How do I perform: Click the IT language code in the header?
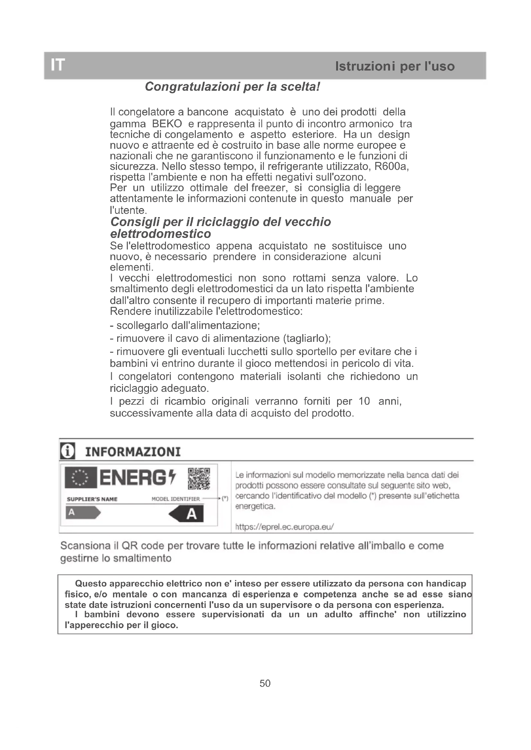tap(58, 65)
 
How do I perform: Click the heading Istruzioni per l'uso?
tap(395, 66)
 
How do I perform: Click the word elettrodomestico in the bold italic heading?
tap(161, 234)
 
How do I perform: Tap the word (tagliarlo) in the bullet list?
tap(307, 338)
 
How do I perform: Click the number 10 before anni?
tap(364, 401)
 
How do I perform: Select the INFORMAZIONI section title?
tap(133, 452)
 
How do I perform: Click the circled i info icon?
tap(68, 451)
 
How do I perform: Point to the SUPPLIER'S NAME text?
tap(92, 499)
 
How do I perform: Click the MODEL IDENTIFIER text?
tap(176, 499)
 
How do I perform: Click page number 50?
tap(265, 683)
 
